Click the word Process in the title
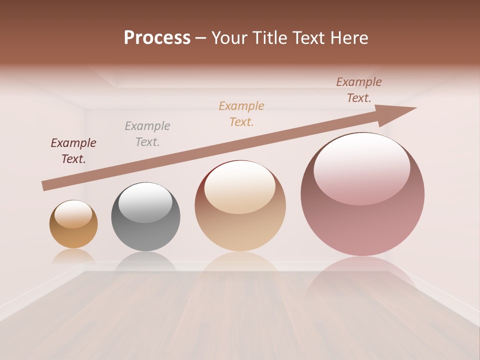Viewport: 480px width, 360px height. coord(157,38)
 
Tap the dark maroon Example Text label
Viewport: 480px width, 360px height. coord(73,151)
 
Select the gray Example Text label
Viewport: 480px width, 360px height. coord(147,134)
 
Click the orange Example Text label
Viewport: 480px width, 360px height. coord(241,114)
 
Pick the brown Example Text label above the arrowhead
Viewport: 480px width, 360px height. coord(359,90)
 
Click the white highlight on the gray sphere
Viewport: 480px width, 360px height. coord(144,201)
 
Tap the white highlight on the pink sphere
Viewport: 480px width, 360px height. coord(361,169)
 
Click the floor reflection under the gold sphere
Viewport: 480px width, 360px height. coord(73,256)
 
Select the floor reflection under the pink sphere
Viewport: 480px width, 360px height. coord(362,275)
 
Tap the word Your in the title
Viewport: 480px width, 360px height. coord(230,38)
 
